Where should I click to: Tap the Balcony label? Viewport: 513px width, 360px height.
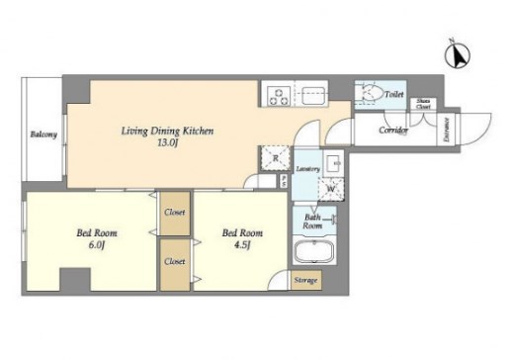point(43,135)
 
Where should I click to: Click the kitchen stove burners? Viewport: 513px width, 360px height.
point(279,96)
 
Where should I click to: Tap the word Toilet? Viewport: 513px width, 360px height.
point(394,94)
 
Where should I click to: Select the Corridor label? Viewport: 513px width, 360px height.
point(394,130)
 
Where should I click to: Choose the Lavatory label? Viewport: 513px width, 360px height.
point(306,170)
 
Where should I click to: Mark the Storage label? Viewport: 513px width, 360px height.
point(305,281)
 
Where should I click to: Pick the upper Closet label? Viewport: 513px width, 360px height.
point(175,211)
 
